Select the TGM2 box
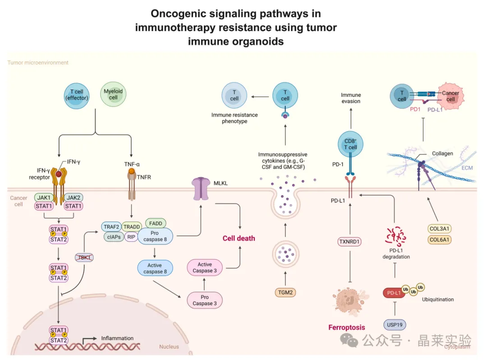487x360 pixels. point(285,292)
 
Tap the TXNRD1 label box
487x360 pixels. point(350,242)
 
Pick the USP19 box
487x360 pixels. point(395,324)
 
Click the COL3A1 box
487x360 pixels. point(440,228)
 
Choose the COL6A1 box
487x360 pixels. point(440,240)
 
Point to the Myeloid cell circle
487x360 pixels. point(113,94)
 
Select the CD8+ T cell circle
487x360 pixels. point(350,144)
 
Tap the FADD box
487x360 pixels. point(156,223)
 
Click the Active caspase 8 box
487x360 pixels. point(155,268)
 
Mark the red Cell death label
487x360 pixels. point(239,238)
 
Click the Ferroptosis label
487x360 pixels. point(346,327)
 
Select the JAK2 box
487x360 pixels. point(74,197)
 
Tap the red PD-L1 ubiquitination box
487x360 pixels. point(394,293)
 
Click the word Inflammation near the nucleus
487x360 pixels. point(117,338)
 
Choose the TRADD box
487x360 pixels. point(132,227)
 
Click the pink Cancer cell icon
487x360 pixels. point(449,96)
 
